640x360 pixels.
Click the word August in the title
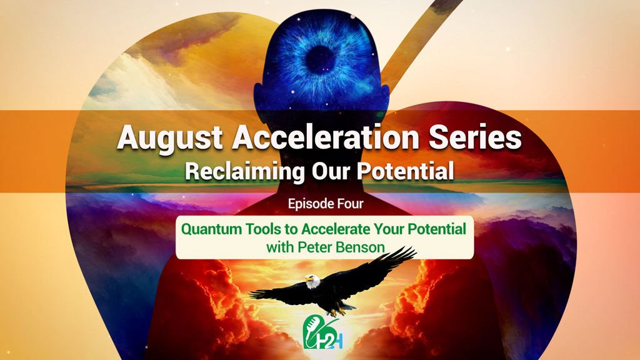click(170, 139)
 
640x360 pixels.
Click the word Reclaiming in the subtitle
click(245, 171)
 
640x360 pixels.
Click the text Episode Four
click(326, 204)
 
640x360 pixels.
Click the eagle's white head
click(312, 281)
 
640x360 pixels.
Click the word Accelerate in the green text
click(336, 229)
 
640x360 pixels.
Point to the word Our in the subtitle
click(331, 171)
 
